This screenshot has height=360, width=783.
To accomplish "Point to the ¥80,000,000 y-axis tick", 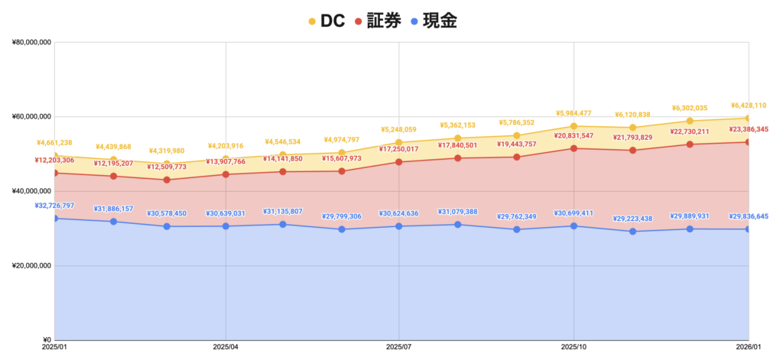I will click(31, 43).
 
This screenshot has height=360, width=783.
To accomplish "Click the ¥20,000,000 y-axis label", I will click(31, 266).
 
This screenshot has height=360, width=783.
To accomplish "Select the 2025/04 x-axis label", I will click(226, 349).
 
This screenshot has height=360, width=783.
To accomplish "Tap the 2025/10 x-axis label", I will click(573, 349).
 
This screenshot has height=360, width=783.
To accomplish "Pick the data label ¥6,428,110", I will click(749, 105).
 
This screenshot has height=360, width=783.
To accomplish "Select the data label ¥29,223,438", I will click(632, 219).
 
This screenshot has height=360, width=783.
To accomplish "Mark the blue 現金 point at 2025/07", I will click(400, 226).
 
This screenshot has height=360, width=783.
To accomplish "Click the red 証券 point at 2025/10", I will click(574, 148).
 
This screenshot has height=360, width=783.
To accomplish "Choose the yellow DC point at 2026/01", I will click(749, 118).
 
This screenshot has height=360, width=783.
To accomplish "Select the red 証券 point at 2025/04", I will click(226, 174).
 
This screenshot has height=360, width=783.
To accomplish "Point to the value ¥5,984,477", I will click(574, 114).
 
